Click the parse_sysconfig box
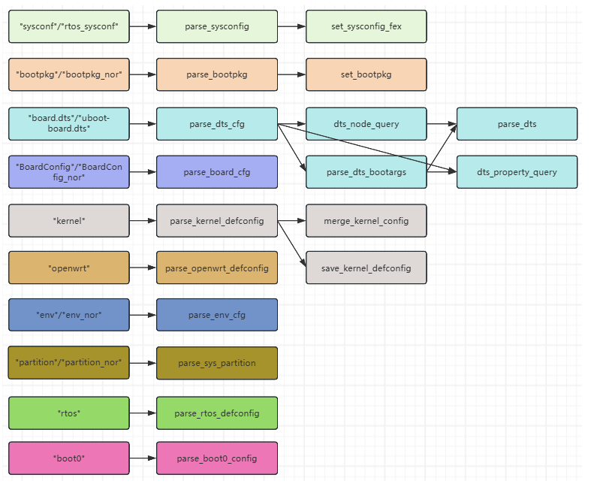tap(217, 26)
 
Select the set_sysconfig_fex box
tap(366, 26)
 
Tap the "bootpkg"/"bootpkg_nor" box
tap(69, 74)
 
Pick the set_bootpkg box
tap(366, 74)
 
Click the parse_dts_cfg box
tap(217, 124)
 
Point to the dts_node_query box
tap(366, 124)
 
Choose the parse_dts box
tap(517, 124)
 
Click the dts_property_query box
tap(517, 172)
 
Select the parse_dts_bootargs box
tap(366, 172)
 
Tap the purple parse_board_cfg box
tap(217, 172)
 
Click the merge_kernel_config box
tap(366, 221)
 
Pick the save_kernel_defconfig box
tap(366, 268)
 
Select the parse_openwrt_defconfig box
tap(217, 268)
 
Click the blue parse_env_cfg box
tap(217, 315)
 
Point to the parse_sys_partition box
tap(217, 363)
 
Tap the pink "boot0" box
tap(69, 458)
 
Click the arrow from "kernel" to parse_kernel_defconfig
tap(143, 221)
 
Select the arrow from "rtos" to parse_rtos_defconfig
tap(143, 413)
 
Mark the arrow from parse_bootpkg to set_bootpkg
tap(291, 74)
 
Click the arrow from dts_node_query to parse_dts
tap(442, 124)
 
